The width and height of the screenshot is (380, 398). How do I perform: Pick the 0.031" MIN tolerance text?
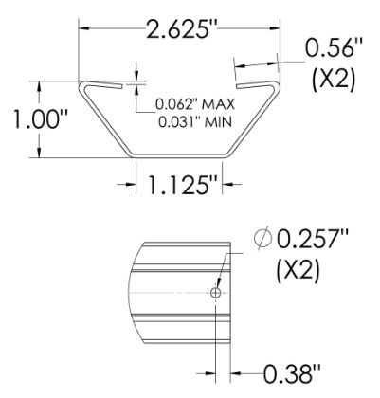194,118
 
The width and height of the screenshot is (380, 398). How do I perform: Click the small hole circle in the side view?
216,294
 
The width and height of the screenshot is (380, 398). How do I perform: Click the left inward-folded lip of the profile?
101,86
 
